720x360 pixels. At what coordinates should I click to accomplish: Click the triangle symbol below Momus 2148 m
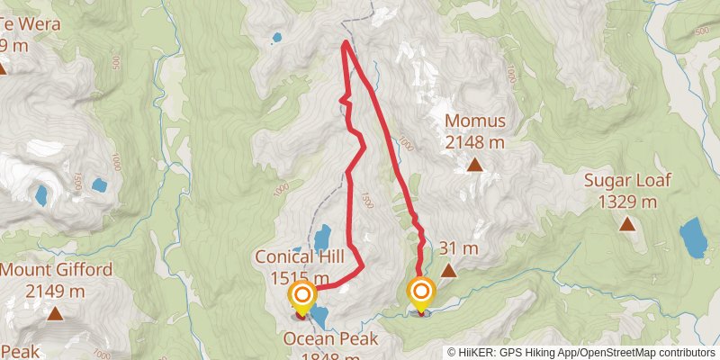(x=474, y=165)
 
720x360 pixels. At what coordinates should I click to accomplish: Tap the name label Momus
(x=474, y=121)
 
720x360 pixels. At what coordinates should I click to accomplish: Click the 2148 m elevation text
(x=474, y=141)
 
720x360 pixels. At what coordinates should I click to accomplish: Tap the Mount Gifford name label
(x=56, y=269)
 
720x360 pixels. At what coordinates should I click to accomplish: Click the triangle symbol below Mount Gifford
(x=56, y=314)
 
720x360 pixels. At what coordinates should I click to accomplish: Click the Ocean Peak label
(x=330, y=338)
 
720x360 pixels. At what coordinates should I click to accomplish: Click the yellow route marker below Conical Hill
(x=302, y=295)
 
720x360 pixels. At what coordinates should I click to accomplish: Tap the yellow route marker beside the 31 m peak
(x=420, y=292)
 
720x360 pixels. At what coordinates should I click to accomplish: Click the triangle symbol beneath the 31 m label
(x=448, y=270)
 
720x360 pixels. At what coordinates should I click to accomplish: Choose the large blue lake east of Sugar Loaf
(x=693, y=237)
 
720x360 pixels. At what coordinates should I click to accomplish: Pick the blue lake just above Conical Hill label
(x=321, y=238)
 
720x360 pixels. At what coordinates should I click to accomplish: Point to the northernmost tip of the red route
(x=346, y=42)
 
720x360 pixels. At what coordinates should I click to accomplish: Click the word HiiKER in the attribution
(x=478, y=352)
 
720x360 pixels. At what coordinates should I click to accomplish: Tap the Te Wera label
(x=36, y=23)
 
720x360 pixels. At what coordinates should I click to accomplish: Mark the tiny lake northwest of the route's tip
(x=275, y=39)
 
